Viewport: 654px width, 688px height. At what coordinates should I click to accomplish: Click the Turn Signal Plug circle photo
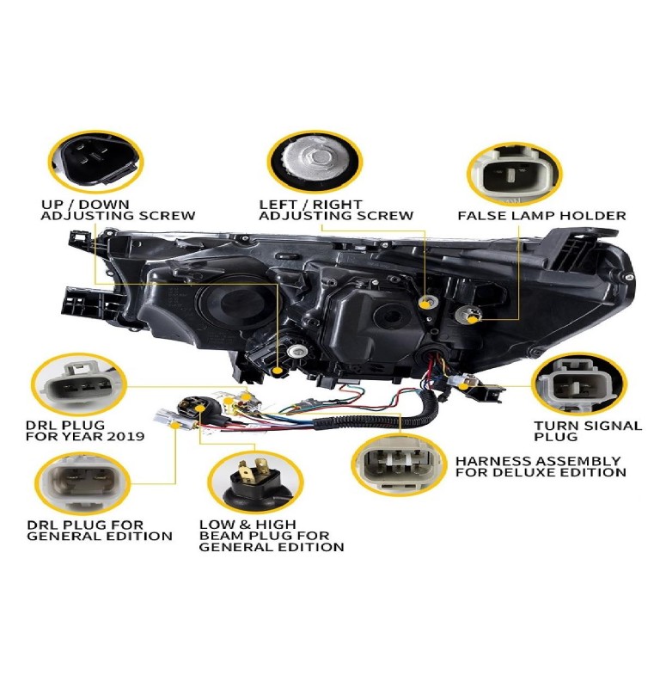[578, 384]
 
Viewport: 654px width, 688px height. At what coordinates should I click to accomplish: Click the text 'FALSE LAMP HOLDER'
[541, 216]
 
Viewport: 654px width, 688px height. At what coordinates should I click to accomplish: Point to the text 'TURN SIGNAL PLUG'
[587, 431]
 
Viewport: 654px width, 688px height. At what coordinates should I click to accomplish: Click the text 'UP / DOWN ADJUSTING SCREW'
[118, 210]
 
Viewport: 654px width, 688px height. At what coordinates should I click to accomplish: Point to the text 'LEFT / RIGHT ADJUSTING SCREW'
[336, 210]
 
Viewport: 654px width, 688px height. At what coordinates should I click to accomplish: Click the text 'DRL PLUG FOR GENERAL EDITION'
[99, 531]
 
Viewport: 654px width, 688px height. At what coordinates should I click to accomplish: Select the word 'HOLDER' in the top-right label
[596, 216]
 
